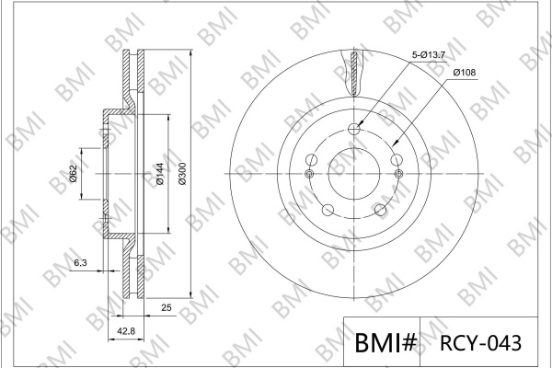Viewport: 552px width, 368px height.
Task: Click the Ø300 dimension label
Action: point(182,174)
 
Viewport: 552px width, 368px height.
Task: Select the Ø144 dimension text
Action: point(159,174)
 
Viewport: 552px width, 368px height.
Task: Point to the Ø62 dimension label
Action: point(73,174)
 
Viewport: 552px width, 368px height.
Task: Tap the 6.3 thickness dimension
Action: point(81,263)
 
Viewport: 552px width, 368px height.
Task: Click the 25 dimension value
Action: point(167,308)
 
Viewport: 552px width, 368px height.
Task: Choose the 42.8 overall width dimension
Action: point(126,331)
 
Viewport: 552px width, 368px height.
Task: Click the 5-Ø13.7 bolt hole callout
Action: point(429,55)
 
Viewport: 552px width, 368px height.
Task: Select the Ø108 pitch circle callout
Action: point(465,73)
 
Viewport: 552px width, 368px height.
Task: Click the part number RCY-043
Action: point(480,343)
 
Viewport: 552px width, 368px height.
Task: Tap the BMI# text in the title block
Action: point(385,342)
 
